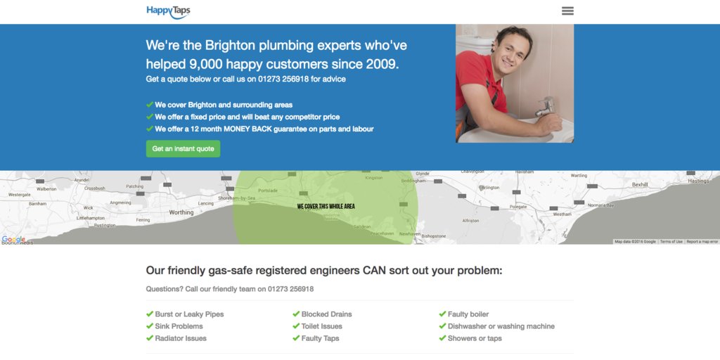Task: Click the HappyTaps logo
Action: click(168, 11)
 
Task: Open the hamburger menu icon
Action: click(567, 11)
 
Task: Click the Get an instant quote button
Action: click(183, 149)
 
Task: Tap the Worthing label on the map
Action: click(181, 212)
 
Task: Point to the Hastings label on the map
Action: click(698, 181)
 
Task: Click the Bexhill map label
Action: click(639, 184)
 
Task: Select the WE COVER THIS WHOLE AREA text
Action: click(326, 207)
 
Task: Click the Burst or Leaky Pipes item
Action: click(189, 314)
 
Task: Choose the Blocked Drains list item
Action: click(326, 314)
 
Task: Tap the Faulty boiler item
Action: click(468, 314)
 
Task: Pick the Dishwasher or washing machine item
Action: click(501, 326)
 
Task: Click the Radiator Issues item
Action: click(181, 338)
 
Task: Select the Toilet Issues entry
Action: click(321, 326)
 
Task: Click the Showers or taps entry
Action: click(475, 338)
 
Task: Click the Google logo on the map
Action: click(13, 239)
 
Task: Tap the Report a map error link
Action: click(702, 242)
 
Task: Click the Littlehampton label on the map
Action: click(91, 218)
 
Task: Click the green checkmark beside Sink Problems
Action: click(150, 326)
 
